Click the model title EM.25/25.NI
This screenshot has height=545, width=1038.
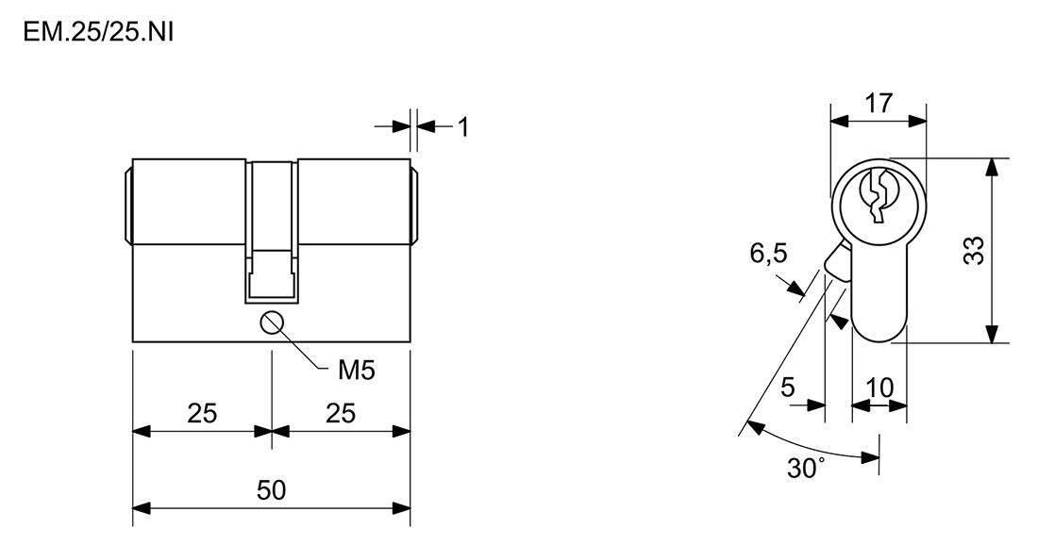pyautogui.click(x=98, y=31)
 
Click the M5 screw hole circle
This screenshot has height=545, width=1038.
pyautogui.click(x=272, y=323)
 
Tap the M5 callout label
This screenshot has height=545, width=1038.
pyautogui.click(x=356, y=371)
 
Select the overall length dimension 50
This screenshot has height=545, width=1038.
pyautogui.click(x=272, y=490)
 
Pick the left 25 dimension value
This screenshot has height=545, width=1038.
pyautogui.click(x=202, y=413)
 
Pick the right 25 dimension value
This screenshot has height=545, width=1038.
pyautogui.click(x=341, y=413)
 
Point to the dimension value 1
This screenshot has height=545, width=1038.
pyautogui.click(x=463, y=127)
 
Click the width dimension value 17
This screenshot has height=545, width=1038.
pyautogui.click(x=879, y=103)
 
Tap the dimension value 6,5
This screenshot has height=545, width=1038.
pyautogui.click(x=768, y=253)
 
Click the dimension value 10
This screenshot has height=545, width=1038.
pyautogui.click(x=879, y=388)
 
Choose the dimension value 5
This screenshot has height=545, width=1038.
pyautogui.click(x=787, y=387)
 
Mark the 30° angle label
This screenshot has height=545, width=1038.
pyautogui.click(x=806, y=468)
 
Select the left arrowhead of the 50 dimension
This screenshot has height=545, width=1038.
pyautogui.click(x=142, y=508)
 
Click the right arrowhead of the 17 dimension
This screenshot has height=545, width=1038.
pyautogui.click(x=917, y=121)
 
